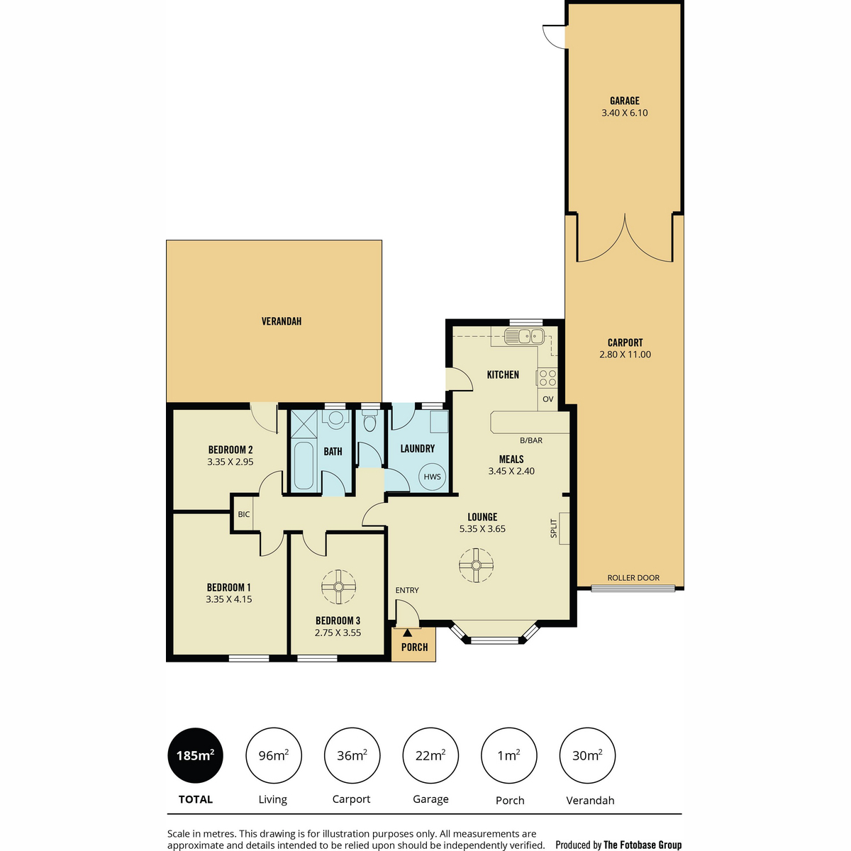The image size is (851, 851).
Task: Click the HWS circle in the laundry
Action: point(432,477)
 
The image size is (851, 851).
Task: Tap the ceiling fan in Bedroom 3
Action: point(338,586)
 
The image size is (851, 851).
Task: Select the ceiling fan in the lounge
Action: point(476,565)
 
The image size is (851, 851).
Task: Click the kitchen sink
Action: point(524,337)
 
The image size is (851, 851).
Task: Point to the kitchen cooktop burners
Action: point(547,378)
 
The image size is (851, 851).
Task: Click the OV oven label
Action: point(547,399)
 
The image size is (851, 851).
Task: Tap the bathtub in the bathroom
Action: point(304,467)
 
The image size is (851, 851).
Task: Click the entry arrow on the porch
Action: point(407,633)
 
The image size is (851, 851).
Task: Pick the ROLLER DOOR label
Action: point(633,578)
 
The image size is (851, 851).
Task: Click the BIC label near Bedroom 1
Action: point(244,514)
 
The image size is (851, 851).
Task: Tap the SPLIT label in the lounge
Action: point(554,528)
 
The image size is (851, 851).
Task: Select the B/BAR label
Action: point(531,440)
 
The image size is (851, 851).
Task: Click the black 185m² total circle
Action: point(195,755)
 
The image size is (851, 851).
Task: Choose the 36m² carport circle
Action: point(352,755)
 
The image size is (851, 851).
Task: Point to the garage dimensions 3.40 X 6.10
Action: point(625,113)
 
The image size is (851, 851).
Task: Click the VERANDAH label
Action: point(282,321)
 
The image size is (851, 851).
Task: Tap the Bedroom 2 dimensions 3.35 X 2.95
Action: point(230,462)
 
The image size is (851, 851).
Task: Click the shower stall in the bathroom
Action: point(304,424)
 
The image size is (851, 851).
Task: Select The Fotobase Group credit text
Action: point(643,845)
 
